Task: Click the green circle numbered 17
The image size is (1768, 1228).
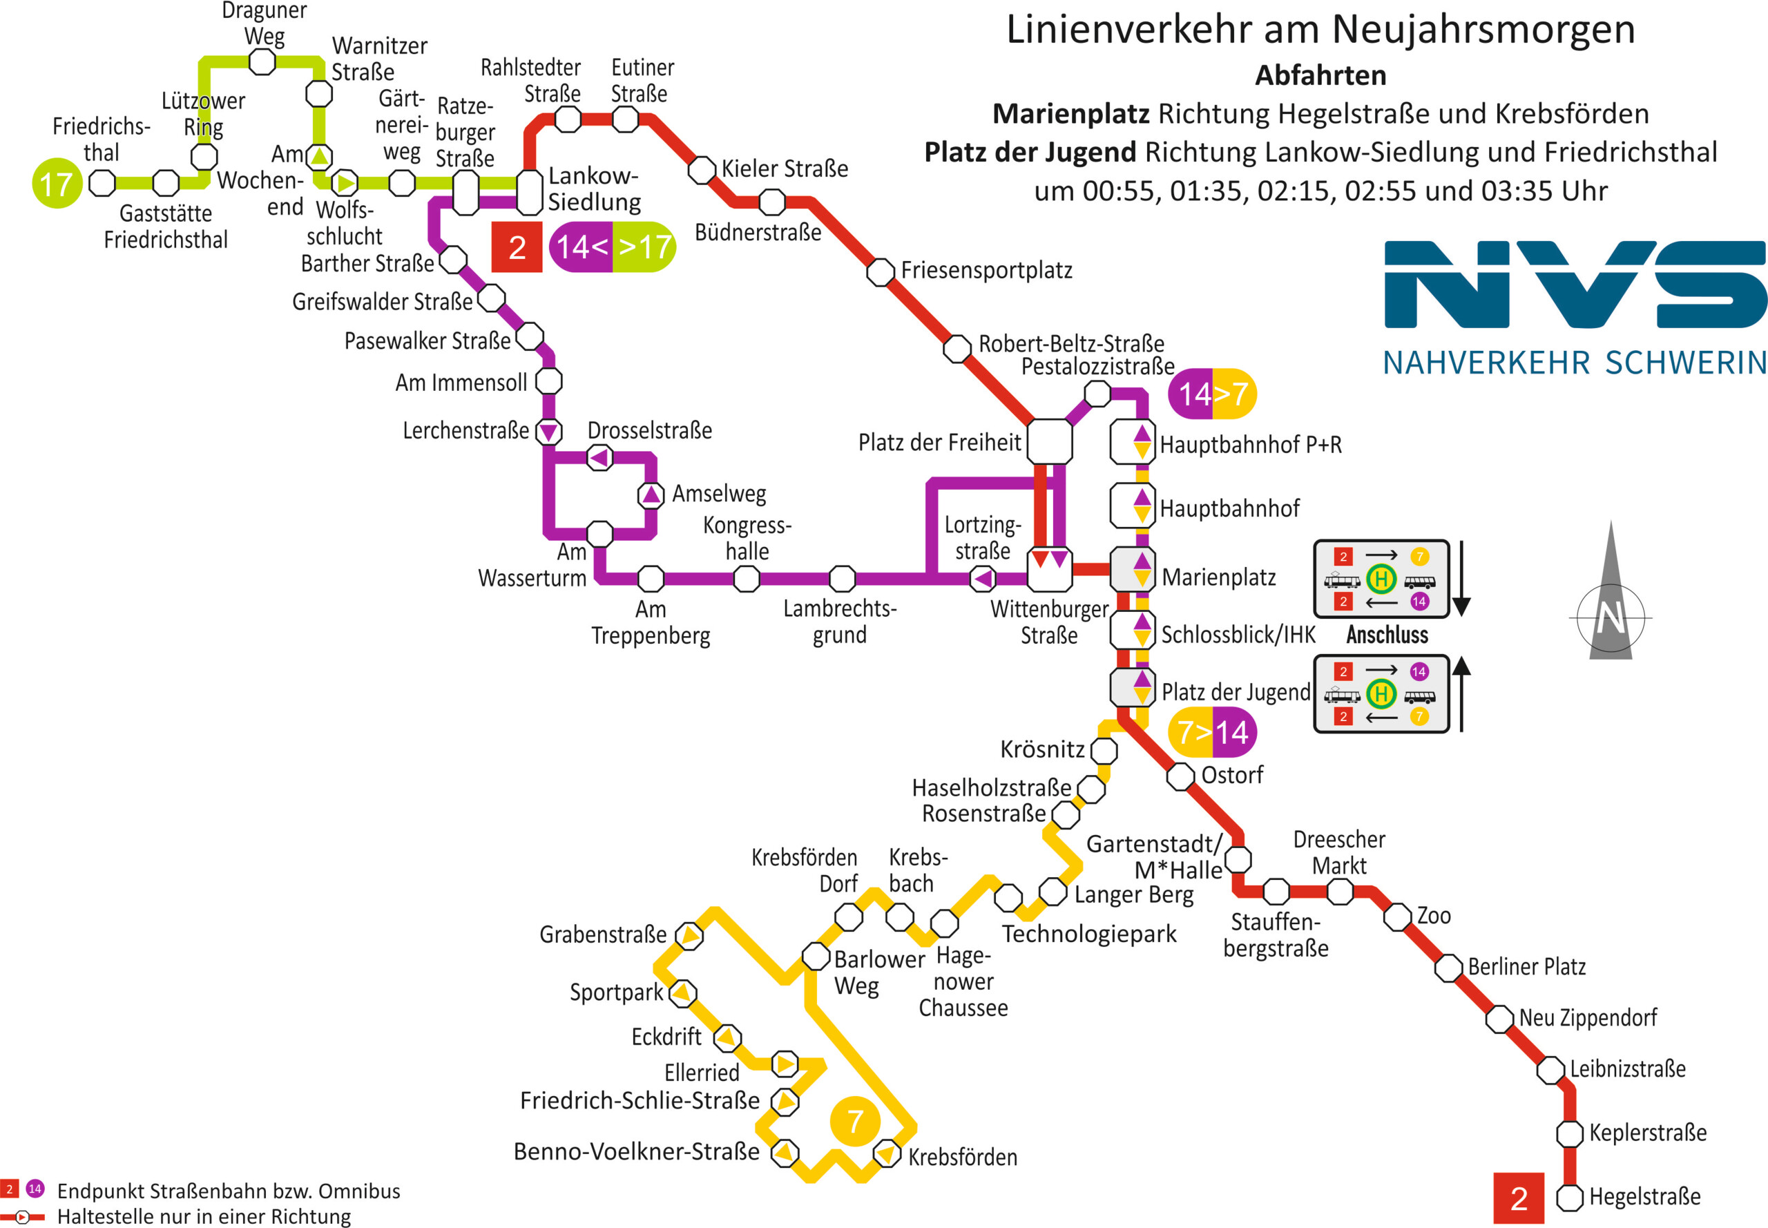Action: tap(57, 183)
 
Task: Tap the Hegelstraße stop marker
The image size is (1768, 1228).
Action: tap(1570, 1197)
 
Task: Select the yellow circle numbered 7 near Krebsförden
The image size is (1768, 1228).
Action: tap(855, 1121)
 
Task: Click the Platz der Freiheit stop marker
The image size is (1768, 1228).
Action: tap(1050, 441)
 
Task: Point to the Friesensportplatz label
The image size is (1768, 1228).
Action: tap(986, 271)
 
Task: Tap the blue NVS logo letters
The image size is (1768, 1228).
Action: tap(1574, 285)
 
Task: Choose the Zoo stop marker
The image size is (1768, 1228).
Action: tap(1397, 917)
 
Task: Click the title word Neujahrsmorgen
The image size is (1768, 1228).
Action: tap(1483, 29)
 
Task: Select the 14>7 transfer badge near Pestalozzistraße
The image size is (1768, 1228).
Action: tap(1212, 394)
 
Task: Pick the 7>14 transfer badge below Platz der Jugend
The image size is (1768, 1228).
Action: tap(1212, 733)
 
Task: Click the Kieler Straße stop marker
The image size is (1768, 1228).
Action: tap(702, 170)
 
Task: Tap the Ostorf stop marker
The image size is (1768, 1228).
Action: tap(1180, 776)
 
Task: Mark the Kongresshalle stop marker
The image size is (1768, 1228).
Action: tap(747, 578)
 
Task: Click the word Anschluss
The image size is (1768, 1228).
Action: tap(1387, 635)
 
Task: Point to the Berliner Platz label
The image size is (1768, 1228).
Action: tap(1526, 967)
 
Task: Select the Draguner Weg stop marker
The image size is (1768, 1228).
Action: tap(262, 62)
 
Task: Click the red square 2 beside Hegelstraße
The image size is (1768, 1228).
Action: tap(1518, 1198)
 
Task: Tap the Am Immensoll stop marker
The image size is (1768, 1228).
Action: tap(548, 381)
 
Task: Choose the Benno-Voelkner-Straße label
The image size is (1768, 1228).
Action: tap(636, 1152)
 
